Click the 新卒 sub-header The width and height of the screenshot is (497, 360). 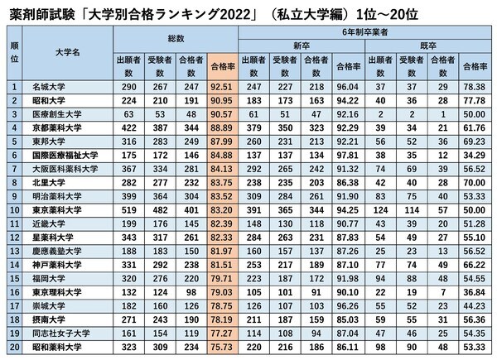pos(303,46)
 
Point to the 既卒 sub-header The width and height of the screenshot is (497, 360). pos(427,46)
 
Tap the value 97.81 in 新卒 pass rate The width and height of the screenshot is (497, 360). pos(343,155)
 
